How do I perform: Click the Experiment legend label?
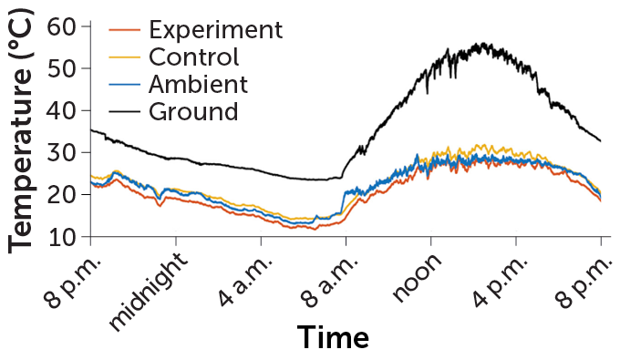pos(214,29)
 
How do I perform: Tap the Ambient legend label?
pos(197,85)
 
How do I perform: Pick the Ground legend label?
pos(192,112)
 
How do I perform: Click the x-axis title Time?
pos(332,337)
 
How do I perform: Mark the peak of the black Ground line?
pos(480,43)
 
